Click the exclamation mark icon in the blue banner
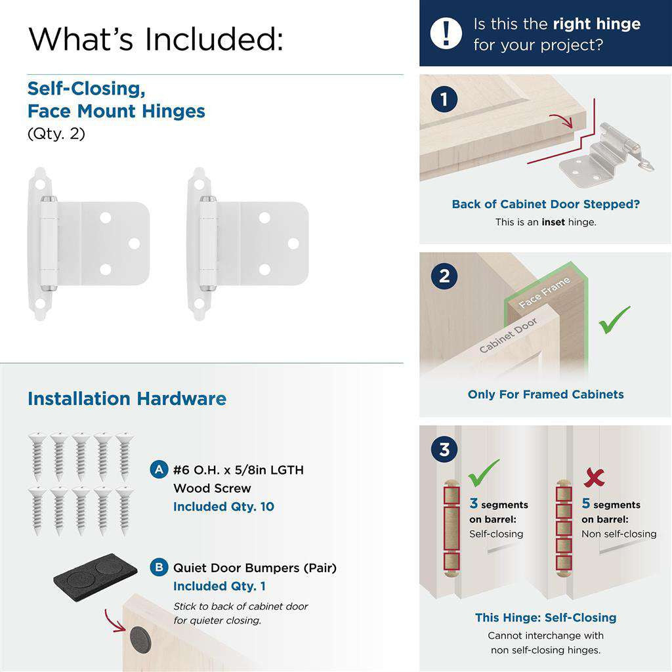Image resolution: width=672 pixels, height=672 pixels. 447,33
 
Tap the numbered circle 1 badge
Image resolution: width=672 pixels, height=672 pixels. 444,100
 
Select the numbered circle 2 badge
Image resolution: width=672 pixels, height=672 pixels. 444,276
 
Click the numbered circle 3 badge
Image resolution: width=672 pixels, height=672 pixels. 444,450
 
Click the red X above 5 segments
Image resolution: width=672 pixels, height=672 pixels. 594,478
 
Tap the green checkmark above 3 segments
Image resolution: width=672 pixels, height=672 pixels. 484,471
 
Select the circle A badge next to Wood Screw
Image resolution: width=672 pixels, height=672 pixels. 159,470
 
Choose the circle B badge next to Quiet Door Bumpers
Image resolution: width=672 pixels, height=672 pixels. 159,568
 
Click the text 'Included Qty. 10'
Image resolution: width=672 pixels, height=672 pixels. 223,507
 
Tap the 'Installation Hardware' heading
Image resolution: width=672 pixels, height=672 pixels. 127,398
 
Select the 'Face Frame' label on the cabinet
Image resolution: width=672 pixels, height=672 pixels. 544,293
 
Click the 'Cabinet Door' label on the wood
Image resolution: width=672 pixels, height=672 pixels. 508,335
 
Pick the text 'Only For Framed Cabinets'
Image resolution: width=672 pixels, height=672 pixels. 545,394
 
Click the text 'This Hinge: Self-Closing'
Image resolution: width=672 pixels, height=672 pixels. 545,618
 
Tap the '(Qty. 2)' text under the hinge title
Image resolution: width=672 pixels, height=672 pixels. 56,134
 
